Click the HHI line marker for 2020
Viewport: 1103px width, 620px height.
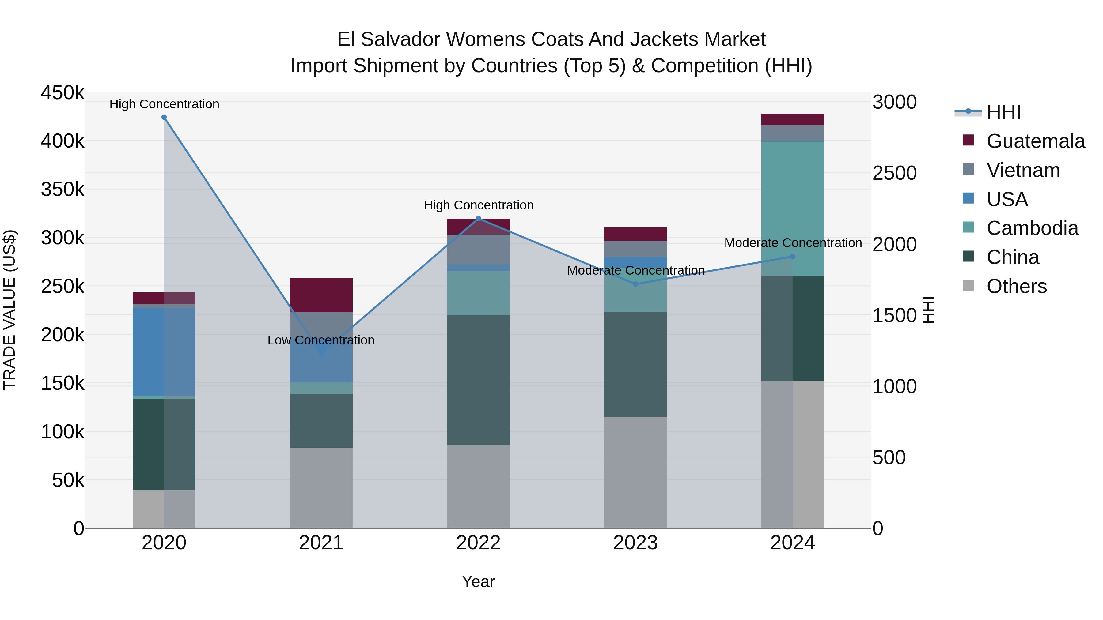(x=164, y=117)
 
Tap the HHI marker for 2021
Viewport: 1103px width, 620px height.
(x=321, y=353)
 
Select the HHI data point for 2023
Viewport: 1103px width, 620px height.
(x=635, y=284)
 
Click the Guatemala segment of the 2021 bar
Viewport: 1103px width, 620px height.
(x=321, y=295)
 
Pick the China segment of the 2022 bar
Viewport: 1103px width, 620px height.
(x=478, y=380)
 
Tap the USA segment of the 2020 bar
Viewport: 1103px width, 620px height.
(x=164, y=352)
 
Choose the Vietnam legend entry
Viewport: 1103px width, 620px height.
(x=1023, y=170)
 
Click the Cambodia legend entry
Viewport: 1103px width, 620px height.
(x=1032, y=228)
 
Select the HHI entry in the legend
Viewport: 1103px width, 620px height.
(x=1003, y=112)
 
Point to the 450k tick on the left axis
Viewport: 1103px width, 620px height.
(x=63, y=93)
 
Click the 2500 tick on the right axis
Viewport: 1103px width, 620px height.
(x=894, y=173)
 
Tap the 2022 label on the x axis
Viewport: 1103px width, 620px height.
(x=478, y=543)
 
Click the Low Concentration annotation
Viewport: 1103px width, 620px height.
(x=321, y=340)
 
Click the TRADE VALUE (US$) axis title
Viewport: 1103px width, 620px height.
(x=9, y=310)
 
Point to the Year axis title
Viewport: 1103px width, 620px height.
(x=478, y=581)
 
